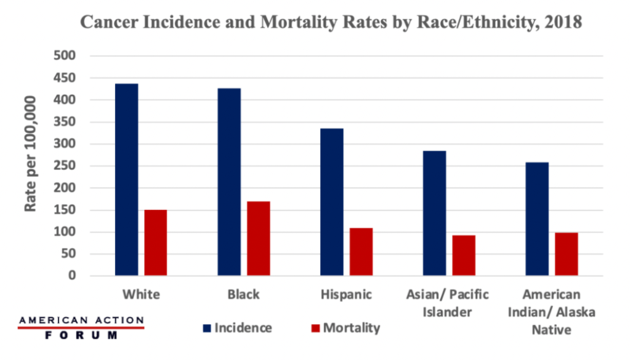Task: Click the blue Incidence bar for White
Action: (126, 179)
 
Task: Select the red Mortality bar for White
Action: (156, 242)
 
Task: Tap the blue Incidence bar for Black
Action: (229, 182)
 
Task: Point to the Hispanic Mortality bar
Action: (361, 252)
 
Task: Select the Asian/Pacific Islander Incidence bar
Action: (435, 213)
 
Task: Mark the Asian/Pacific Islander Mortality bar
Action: (464, 255)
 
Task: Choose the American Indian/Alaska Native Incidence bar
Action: (537, 218)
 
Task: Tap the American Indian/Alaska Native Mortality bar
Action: (567, 254)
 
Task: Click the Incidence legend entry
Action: (238, 327)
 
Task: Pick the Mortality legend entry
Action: (345, 327)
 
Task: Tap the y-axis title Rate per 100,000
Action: (31, 154)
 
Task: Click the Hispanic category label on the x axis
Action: (346, 294)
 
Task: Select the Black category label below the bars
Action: (243, 294)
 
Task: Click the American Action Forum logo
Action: (81, 328)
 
